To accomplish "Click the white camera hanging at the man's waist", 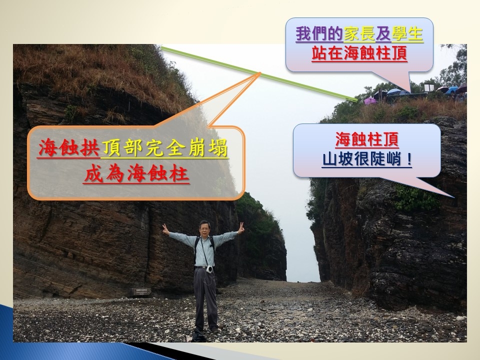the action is (x=209, y=269).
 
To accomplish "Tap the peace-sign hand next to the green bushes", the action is (x=241, y=228).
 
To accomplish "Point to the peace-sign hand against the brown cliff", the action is (x=165, y=229).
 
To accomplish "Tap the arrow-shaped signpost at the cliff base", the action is (x=140, y=291).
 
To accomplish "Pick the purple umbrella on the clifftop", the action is (x=370, y=100).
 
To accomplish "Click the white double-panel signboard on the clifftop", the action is (x=429, y=88).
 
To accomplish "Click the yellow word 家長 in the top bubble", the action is (x=359, y=34).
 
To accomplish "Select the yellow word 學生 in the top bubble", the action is (x=407, y=34).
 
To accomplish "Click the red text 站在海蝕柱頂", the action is (x=359, y=53).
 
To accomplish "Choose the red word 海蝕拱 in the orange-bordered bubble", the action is (x=69, y=148).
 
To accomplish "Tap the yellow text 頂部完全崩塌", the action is (x=164, y=148).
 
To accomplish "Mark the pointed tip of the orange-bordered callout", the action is (x=260, y=73).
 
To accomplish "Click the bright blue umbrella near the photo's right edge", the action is (x=452, y=90).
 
